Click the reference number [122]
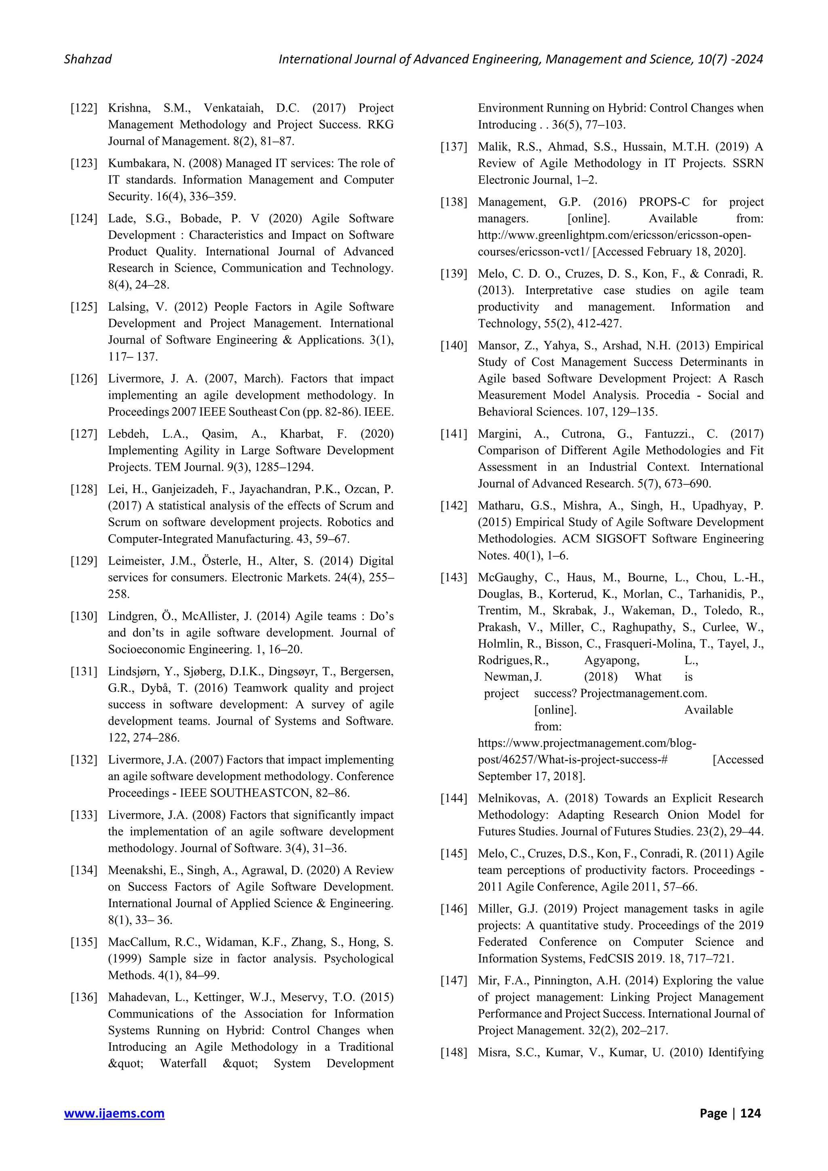[x=84, y=108]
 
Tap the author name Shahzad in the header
[x=88, y=59]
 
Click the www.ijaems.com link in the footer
[x=114, y=1113]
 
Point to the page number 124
[x=750, y=1113]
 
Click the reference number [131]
[x=84, y=672]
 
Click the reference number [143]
[x=454, y=578]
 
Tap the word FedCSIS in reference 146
[x=609, y=959]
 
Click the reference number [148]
[x=454, y=1053]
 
